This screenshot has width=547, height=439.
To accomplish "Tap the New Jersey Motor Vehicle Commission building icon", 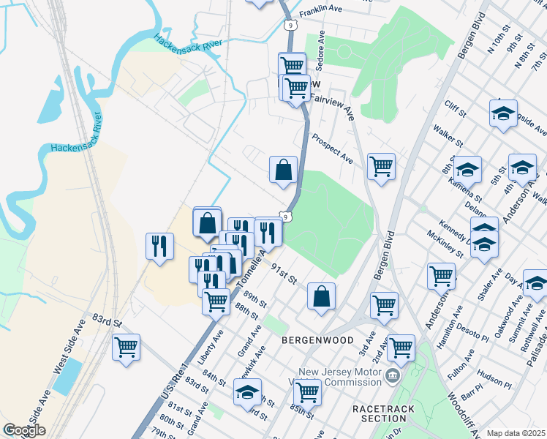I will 393,376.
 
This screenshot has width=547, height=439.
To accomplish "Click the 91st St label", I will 283,274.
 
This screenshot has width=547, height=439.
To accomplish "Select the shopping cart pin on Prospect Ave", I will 381,167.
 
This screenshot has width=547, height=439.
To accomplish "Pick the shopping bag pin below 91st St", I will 321,296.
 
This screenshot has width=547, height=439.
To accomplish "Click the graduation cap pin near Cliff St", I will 503,113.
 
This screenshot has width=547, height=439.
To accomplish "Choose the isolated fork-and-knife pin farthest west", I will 160,246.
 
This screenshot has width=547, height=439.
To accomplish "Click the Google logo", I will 24,430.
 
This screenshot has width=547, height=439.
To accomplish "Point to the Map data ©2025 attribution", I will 516,433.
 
